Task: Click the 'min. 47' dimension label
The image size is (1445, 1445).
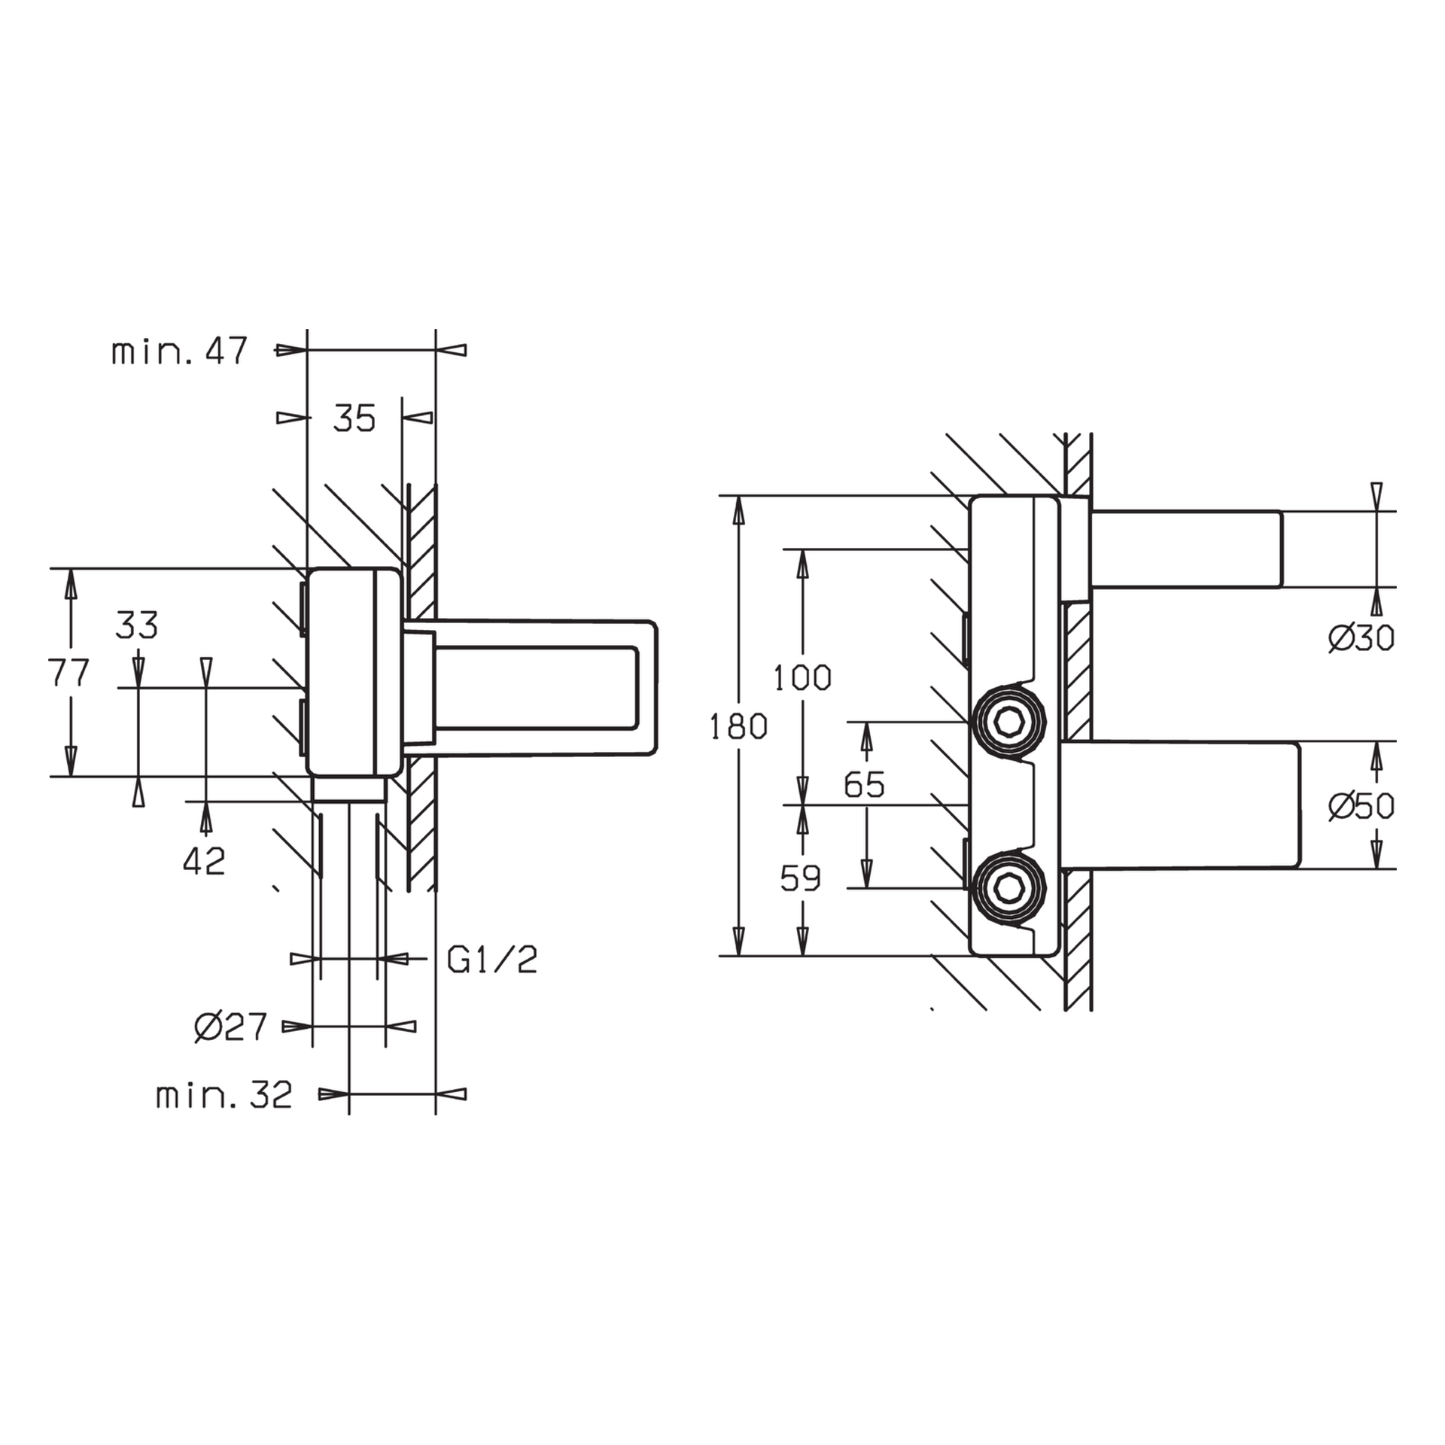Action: click(x=179, y=351)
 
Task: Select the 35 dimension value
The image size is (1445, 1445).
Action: click(x=354, y=418)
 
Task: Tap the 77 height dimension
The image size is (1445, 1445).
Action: click(x=69, y=672)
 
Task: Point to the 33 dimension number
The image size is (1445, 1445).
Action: click(x=137, y=625)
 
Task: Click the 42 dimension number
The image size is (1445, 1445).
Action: click(x=204, y=862)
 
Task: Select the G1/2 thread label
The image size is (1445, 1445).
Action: click(x=491, y=960)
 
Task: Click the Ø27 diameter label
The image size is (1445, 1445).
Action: click(x=230, y=1027)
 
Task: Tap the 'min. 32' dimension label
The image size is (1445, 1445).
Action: click(x=224, y=1096)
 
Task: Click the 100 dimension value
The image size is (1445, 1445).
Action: click(x=802, y=679)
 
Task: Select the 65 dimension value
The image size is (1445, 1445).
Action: click(x=864, y=785)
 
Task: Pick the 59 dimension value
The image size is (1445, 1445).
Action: click(x=800, y=878)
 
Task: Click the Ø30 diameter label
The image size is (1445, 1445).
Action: click(x=1361, y=639)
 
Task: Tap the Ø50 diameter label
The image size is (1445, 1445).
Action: click(x=1361, y=807)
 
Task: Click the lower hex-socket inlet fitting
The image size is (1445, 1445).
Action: click(x=1008, y=888)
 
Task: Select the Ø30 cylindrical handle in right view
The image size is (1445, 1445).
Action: click(x=1185, y=549)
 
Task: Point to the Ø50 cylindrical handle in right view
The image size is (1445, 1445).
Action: click(x=1182, y=805)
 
